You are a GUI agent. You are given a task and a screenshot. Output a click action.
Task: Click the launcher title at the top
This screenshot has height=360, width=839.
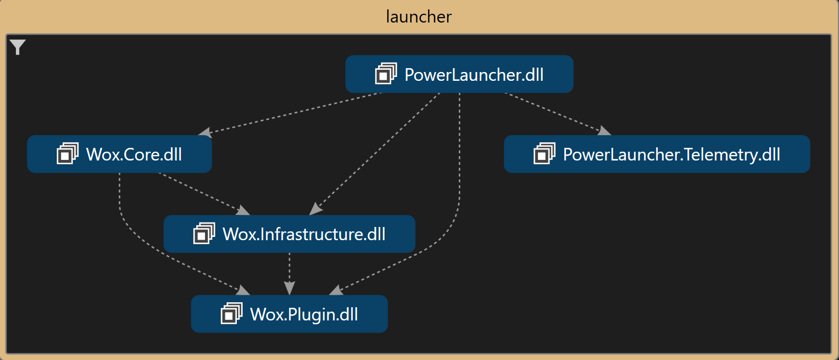click(x=419, y=16)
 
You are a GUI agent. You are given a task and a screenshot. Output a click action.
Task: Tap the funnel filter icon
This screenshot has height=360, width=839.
click(x=18, y=48)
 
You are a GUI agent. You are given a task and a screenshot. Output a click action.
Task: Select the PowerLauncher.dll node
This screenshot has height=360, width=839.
click(x=459, y=74)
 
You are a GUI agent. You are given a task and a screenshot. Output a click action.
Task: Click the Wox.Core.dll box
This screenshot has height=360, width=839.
click(x=119, y=154)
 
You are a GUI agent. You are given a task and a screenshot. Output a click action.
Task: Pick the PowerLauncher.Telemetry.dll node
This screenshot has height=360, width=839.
click(x=657, y=154)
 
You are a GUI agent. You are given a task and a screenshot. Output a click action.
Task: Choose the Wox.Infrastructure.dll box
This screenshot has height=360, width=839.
click(x=289, y=234)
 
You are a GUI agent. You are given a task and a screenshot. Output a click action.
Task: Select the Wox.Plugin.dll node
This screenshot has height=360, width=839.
click(x=289, y=314)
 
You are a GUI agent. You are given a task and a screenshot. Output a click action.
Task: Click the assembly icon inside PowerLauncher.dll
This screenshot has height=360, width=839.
click(x=386, y=74)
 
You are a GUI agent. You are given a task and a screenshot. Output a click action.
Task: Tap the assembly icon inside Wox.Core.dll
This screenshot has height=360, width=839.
click(x=68, y=154)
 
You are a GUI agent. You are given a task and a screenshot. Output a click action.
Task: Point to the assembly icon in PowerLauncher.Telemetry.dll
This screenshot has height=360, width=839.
click(x=544, y=154)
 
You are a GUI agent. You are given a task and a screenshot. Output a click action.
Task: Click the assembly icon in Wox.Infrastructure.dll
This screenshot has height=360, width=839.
click(x=204, y=234)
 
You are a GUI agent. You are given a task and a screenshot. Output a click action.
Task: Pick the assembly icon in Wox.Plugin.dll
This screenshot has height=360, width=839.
click(x=231, y=314)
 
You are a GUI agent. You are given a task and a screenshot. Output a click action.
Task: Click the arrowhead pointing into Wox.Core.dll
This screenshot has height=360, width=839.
click(x=204, y=132)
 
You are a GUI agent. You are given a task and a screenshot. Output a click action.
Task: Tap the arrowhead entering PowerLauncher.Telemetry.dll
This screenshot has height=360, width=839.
click(x=604, y=131)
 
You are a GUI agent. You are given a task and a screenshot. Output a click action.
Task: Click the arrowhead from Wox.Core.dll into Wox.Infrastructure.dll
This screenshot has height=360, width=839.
click(x=243, y=211)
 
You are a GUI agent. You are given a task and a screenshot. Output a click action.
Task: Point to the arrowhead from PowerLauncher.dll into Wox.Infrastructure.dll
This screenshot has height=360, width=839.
click(x=315, y=209)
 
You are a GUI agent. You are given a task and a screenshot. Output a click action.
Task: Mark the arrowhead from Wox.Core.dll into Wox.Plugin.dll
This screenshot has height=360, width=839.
click(x=243, y=290)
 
